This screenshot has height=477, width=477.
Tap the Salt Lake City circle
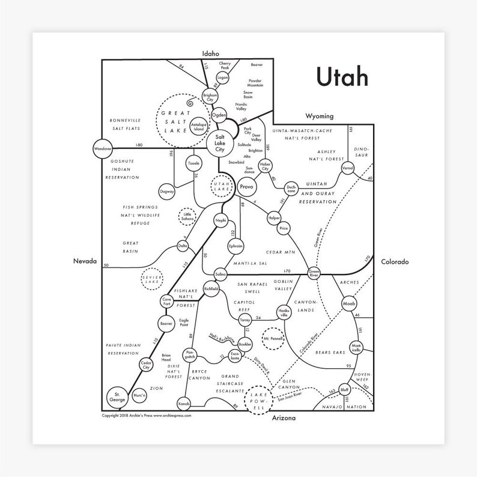pyautogui.click(x=219, y=142)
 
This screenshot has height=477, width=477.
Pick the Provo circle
pyautogui.click(x=246, y=187)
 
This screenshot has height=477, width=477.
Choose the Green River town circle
pyautogui.click(x=314, y=273)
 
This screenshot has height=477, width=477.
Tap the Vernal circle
pyautogui.click(x=347, y=168)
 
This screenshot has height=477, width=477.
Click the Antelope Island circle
pyautogui.click(x=199, y=127)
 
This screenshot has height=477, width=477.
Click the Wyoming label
pyautogui.click(x=319, y=115)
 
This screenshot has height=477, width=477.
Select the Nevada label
pyautogui.click(x=85, y=262)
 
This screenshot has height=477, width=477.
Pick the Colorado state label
pyautogui.click(x=394, y=262)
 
